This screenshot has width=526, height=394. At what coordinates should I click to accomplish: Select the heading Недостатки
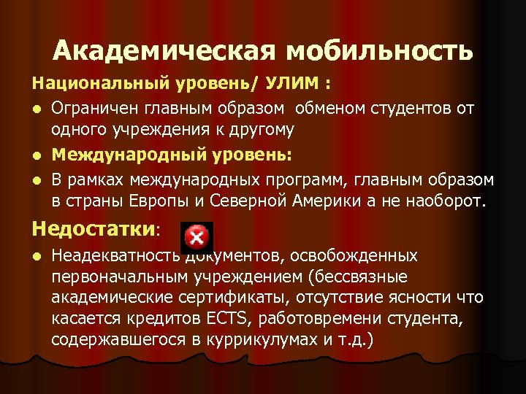(94, 228)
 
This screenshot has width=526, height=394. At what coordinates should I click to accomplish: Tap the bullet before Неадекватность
(37, 256)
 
